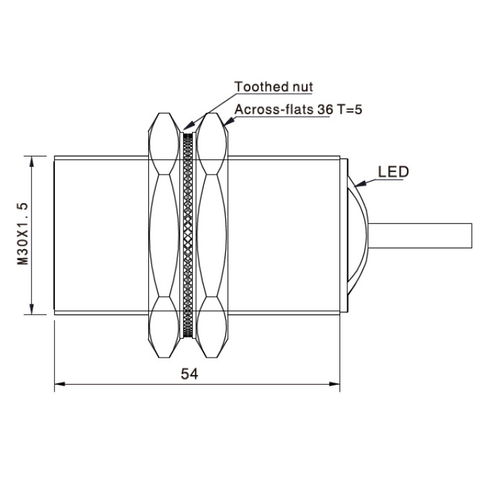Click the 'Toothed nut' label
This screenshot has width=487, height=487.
pos(273,87)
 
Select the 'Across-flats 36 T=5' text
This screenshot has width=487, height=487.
pos(298,109)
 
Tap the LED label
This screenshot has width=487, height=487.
pos(393,172)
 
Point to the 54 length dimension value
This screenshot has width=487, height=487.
pos(189,374)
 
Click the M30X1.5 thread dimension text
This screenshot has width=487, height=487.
pos(22,234)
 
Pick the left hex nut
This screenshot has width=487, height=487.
pos(164,235)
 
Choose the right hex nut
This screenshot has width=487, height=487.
pos(211,235)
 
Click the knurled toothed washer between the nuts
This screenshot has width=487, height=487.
pos(188,235)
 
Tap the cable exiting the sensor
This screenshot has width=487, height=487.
pos(420,235)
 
